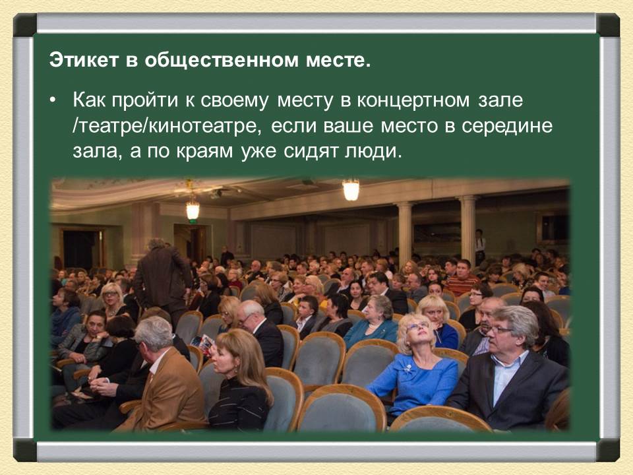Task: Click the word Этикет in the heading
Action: coord(81,63)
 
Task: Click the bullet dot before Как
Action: coord(53,102)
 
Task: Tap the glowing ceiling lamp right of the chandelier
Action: coord(351,190)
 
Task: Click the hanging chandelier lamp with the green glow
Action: coord(192,210)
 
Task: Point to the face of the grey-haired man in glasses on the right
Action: coord(505,331)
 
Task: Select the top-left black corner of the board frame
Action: coord(25,25)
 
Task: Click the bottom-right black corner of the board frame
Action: coord(607,450)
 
